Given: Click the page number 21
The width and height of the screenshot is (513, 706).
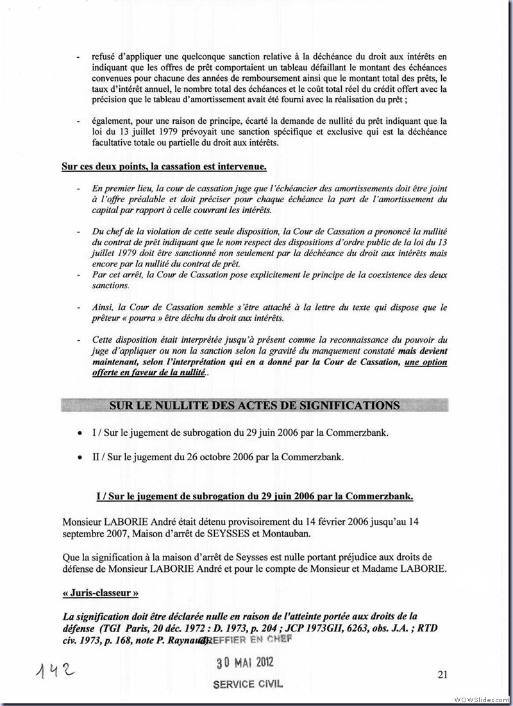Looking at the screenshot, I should click(x=442, y=673).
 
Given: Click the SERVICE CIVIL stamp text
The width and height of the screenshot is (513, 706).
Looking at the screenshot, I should click(x=248, y=684).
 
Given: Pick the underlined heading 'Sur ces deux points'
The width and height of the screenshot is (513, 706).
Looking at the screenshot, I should click(x=164, y=167).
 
